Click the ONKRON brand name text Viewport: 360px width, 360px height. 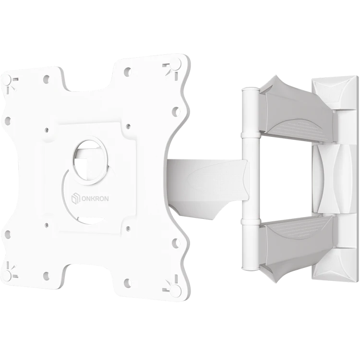coord(95,199)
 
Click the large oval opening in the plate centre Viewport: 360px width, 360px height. coord(90,160)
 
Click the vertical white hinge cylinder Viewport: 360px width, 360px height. coord(251,178)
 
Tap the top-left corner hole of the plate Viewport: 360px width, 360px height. coord(7,80)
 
